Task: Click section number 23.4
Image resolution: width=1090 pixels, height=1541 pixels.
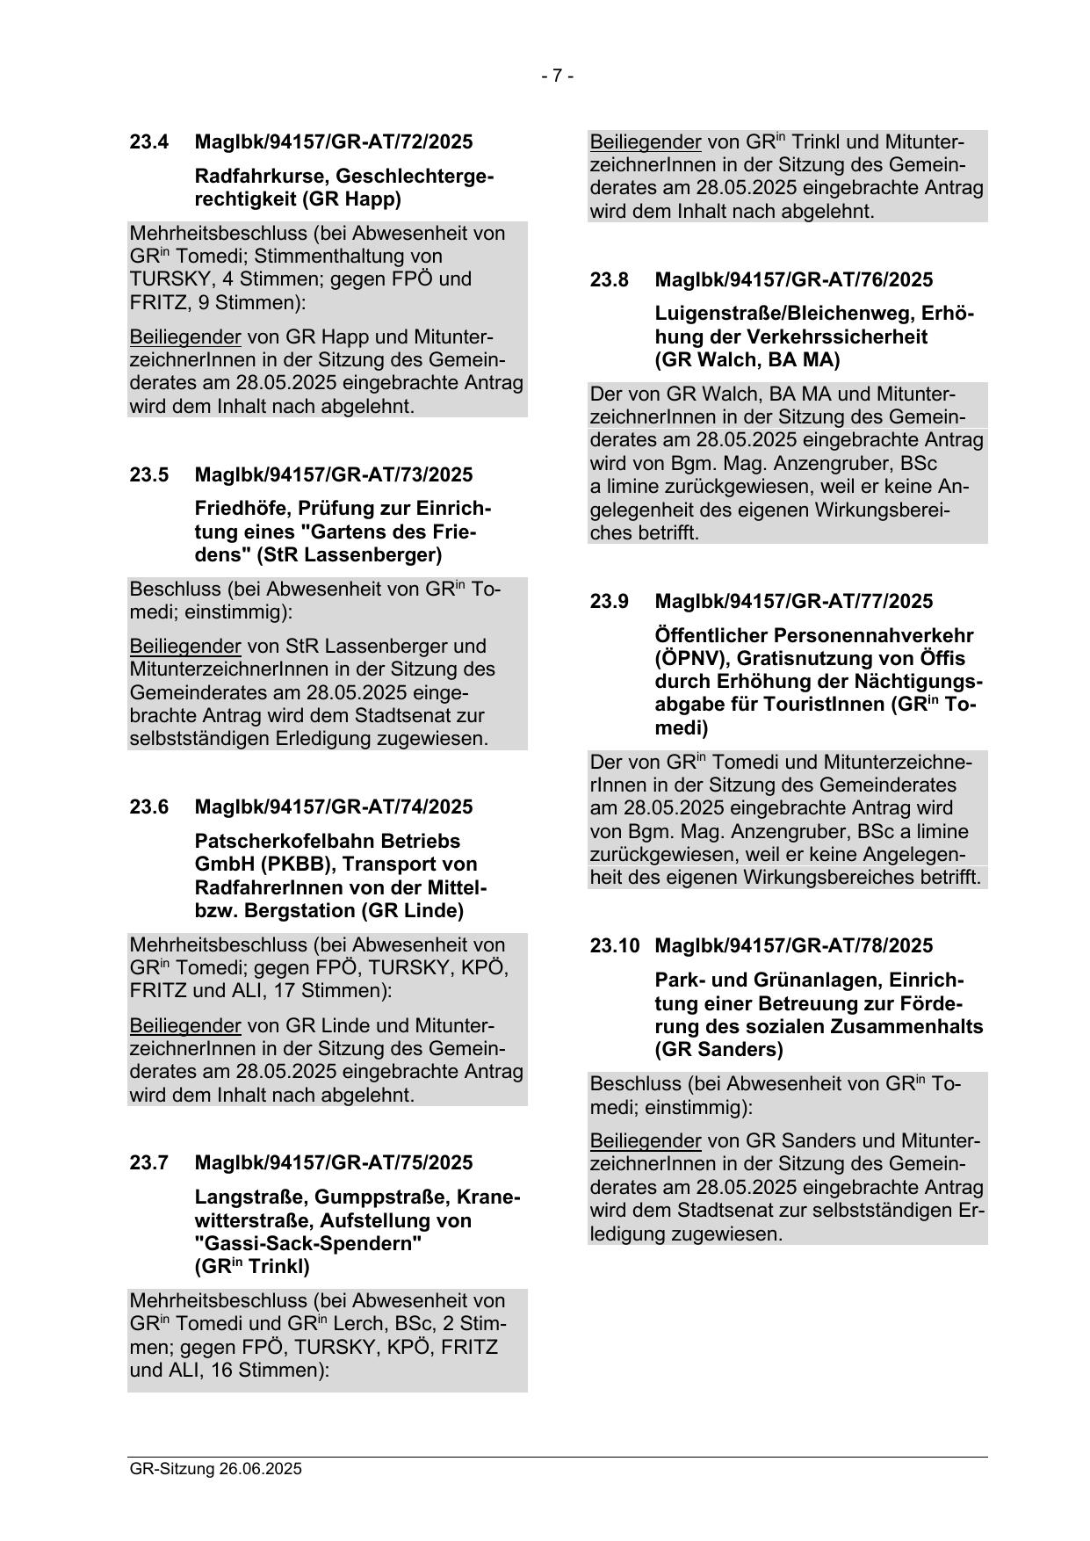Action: tap(149, 141)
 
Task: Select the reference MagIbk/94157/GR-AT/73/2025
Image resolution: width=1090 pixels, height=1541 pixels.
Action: tap(333, 474)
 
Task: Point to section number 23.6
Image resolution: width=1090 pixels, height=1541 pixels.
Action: tap(149, 807)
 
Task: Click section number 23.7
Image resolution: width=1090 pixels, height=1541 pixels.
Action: tap(149, 1162)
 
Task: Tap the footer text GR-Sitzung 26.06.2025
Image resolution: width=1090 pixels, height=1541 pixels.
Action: tap(215, 1469)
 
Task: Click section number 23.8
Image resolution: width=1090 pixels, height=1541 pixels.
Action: tap(610, 279)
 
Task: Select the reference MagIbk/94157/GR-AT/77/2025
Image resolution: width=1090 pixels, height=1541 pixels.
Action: tap(793, 601)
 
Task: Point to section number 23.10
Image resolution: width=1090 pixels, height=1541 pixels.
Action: tap(615, 945)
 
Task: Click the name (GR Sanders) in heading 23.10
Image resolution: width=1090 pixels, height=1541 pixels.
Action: tap(718, 1049)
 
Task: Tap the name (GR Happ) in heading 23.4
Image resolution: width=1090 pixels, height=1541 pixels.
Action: tap(350, 199)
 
